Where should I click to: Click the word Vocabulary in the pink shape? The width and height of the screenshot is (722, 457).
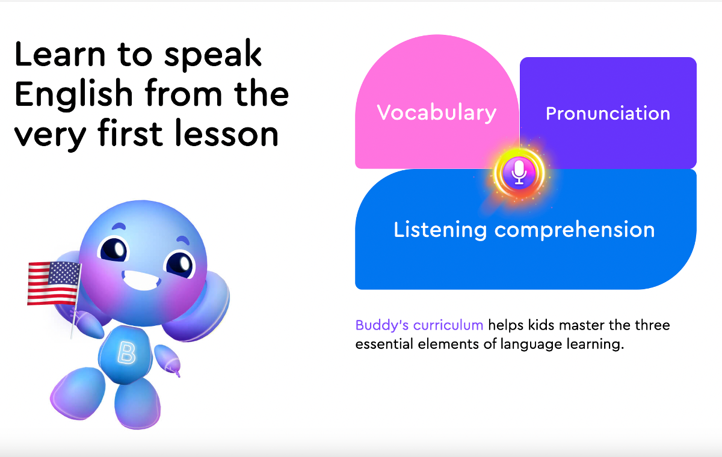pos(436,112)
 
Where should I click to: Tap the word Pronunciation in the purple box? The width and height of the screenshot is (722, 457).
pos(608,114)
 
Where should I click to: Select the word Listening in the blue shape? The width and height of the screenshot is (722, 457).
pos(440,230)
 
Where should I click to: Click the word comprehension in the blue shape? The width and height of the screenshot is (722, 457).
pos(575,230)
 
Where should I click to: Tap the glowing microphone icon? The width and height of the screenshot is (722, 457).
pos(519,173)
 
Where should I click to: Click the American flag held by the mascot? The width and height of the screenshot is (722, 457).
pos(54,283)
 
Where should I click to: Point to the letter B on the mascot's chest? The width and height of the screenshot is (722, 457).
pos(126,353)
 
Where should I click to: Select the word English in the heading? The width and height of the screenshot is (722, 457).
pos(73,94)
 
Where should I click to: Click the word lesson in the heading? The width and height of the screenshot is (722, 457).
pos(227,133)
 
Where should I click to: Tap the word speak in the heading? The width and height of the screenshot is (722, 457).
pos(213,54)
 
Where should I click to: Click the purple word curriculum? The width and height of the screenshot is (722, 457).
pos(448,325)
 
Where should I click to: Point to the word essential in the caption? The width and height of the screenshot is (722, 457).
pos(384,344)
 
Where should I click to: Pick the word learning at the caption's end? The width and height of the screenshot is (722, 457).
pos(595,345)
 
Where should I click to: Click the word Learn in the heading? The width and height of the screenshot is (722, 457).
pos(60,54)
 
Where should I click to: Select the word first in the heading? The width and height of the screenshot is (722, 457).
pos(130,133)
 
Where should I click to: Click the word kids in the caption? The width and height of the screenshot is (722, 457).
pos(541,325)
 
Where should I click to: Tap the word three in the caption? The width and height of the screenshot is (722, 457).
pos(652,325)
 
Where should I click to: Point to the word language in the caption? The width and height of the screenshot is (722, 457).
pos(531,345)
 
